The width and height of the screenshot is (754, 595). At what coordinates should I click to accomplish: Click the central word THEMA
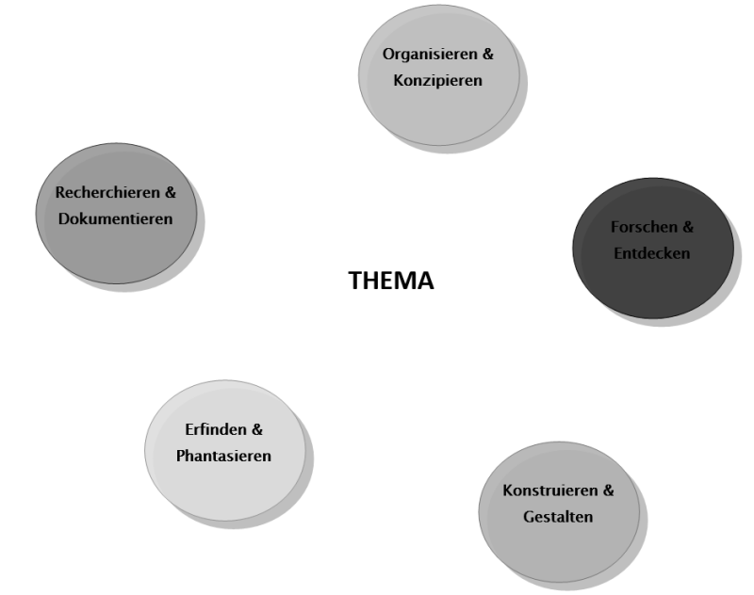[391, 281]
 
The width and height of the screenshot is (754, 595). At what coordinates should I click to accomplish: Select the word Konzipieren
[438, 80]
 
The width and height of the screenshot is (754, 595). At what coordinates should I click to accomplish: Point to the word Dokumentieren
[115, 218]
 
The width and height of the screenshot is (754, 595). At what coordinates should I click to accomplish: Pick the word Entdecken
[651, 253]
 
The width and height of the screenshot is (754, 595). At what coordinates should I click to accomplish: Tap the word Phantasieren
[223, 456]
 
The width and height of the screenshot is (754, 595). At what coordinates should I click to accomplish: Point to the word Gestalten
[558, 517]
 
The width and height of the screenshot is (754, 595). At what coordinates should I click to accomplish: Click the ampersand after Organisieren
[487, 55]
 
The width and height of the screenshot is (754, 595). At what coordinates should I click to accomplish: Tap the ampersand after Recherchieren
[171, 193]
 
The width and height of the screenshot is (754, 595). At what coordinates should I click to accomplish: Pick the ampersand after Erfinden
[256, 430]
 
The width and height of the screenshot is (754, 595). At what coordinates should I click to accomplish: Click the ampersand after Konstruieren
[608, 491]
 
